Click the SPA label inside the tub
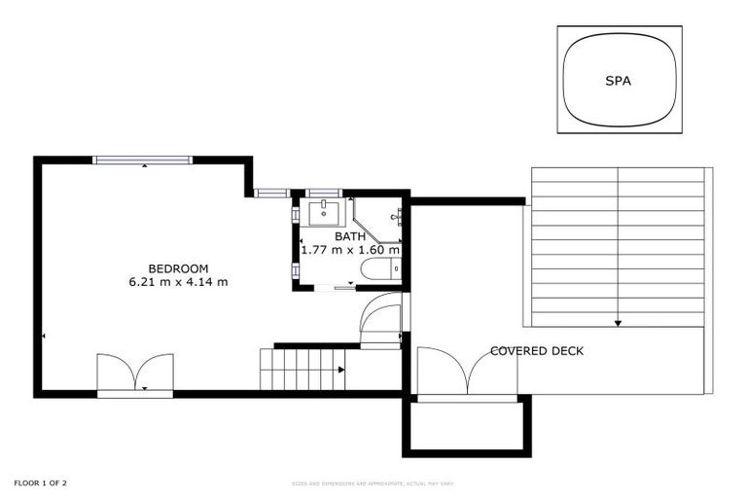(x=618, y=81)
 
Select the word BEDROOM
(x=178, y=268)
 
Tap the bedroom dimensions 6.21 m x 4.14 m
(x=178, y=283)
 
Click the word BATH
(x=350, y=236)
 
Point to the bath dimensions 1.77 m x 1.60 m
(x=350, y=250)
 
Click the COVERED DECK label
(x=537, y=351)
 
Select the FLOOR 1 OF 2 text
(x=40, y=482)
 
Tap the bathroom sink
(x=323, y=211)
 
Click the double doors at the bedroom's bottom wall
(x=135, y=373)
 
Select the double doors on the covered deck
(x=468, y=373)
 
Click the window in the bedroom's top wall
(x=143, y=160)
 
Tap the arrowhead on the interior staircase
(x=340, y=370)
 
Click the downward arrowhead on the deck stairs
(x=618, y=322)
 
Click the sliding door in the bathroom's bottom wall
(x=345, y=288)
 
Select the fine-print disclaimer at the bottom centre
(x=373, y=483)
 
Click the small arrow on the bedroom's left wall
(x=44, y=337)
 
